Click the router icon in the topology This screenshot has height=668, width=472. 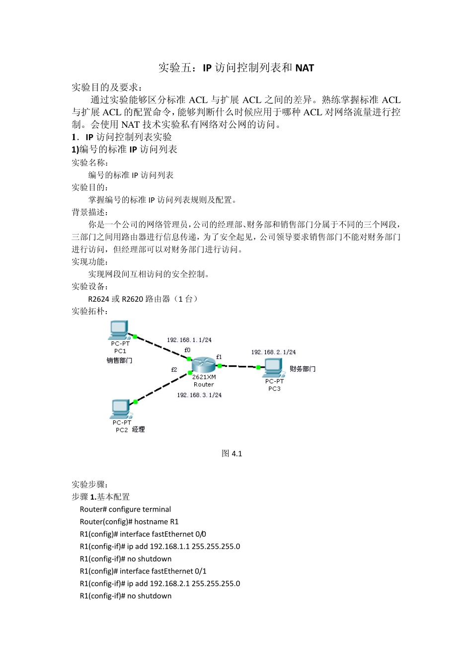tap(204, 365)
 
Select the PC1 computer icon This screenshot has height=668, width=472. tap(119, 330)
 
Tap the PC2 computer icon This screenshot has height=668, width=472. tap(121, 409)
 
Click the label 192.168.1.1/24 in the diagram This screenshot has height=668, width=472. tap(189, 340)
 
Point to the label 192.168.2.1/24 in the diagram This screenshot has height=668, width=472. tap(273, 352)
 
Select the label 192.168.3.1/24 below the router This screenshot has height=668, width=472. tap(199, 395)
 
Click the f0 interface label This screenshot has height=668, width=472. tap(187, 350)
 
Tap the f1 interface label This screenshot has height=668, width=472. tap(219, 357)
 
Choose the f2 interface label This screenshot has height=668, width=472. tap(174, 370)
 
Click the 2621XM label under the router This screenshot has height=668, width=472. tap(204, 377)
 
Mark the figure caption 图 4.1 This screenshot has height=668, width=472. tap(232, 453)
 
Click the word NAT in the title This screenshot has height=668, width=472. tap(305, 68)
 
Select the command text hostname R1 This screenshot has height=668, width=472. tap(156, 522)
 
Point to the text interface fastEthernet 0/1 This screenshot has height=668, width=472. tap(163, 572)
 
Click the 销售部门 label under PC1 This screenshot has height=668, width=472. tap(119, 360)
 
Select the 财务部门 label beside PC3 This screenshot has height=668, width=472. tap(303, 369)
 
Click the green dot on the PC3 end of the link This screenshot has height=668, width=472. tap(258, 367)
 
